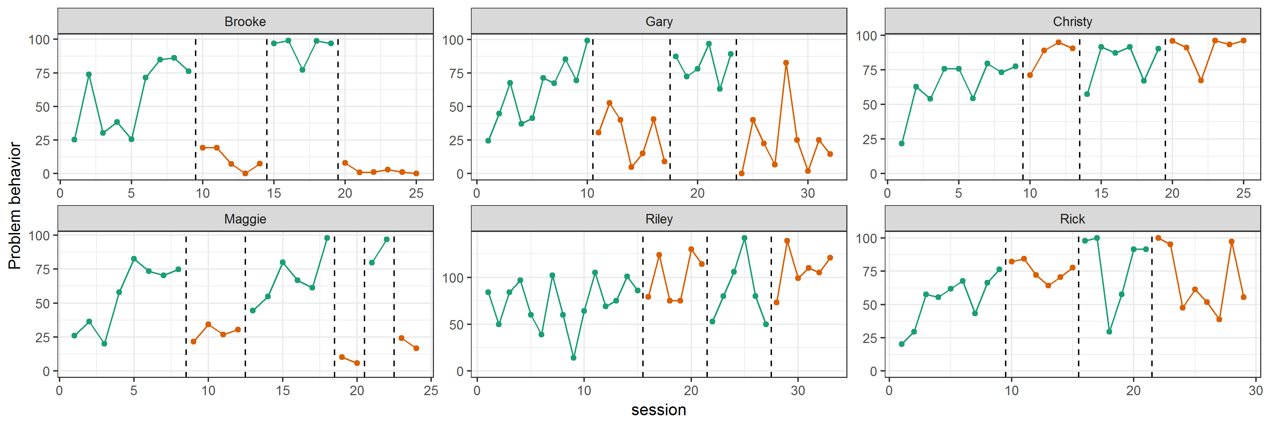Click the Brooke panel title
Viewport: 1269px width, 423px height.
(x=245, y=22)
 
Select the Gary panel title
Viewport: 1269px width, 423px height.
(x=658, y=22)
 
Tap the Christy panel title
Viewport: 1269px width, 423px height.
(x=1072, y=22)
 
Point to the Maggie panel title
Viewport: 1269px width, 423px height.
(x=245, y=219)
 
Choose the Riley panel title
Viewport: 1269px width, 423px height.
(x=658, y=219)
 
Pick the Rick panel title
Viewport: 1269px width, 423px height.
(x=1072, y=219)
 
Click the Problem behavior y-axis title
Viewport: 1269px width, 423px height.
(x=15, y=206)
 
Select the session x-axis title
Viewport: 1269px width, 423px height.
(x=658, y=410)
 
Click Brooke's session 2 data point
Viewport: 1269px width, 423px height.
(x=89, y=74)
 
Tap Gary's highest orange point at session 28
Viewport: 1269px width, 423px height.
(x=786, y=62)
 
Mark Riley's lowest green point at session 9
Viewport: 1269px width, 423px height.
(x=574, y=357)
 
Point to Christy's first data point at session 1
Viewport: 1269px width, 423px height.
(x=901, y=143)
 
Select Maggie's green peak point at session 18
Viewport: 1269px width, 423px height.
(x=327, y=238)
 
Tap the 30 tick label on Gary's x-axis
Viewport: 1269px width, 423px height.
(x=808, y=193)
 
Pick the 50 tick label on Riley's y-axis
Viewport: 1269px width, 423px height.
(x=456, y=325)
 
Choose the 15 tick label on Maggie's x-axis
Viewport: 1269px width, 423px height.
(x=282, y=391)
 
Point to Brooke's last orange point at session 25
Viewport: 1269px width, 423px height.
(x=416, y=173)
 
